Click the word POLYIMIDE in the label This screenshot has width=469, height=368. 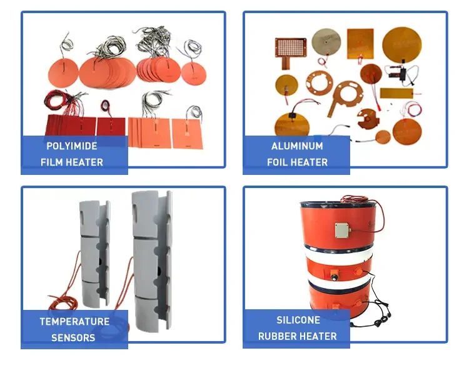[72, 146]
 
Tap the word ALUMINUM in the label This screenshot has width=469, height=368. [297, 146]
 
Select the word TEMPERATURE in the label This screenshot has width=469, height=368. [74, 322]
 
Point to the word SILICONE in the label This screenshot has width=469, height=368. [298, 320]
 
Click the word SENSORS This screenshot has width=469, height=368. [73, 338]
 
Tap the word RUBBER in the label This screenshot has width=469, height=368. [276, 336]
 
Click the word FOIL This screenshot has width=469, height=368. [277, 162]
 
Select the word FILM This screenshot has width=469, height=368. [51, 162]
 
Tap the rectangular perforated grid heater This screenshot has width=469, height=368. [291, 48]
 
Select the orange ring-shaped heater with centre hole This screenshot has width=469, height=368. [319, 84]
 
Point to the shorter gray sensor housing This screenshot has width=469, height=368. [94, 254]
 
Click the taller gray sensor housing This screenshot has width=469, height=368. [152, 261]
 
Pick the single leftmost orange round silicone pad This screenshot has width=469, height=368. [63, 72]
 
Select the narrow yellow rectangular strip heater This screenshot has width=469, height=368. [396, 93]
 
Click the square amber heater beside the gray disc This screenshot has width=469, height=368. [360, 44]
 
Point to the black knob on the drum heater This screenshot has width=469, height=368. [333, 278]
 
